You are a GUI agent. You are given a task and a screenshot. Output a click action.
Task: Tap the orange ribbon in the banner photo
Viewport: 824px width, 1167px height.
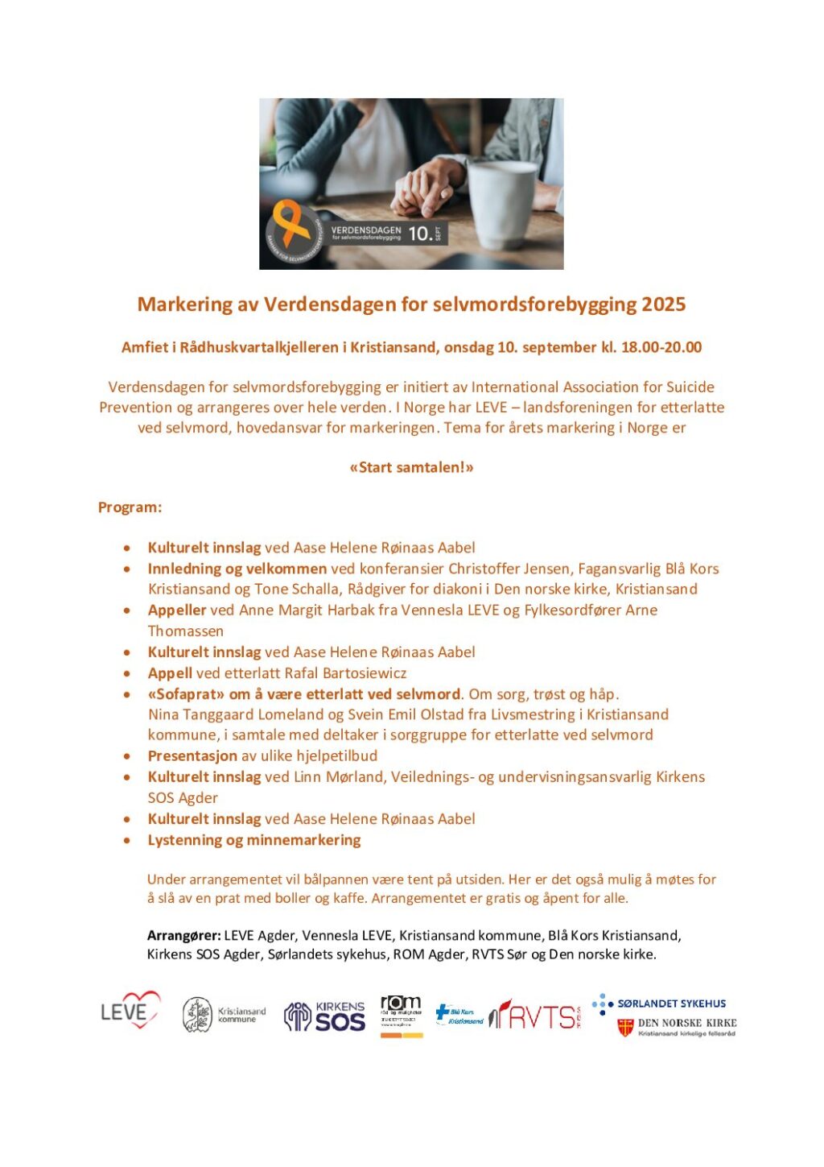pos(291,225)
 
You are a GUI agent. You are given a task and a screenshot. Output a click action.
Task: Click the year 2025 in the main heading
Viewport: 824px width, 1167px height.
pos(663,304)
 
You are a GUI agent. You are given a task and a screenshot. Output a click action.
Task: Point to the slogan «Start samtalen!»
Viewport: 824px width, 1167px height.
pos(411,467)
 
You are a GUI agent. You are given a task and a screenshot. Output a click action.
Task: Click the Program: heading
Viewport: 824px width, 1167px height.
pos(130,507)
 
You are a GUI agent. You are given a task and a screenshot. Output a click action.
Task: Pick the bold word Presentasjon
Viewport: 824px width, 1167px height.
pos(192,756)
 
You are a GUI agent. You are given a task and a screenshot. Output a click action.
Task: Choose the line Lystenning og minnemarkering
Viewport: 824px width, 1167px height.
pos(254,840)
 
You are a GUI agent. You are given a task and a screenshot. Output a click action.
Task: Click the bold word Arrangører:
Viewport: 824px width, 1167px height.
pos(183,936)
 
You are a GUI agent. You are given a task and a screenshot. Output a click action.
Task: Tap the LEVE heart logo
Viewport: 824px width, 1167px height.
pos(130,1012)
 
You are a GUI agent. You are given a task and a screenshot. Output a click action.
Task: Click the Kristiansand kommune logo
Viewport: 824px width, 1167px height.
pos(223,1015)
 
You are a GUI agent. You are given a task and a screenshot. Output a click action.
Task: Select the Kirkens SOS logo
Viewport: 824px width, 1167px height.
pos(325,1016)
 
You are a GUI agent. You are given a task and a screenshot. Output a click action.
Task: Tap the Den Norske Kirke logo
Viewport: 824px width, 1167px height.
pos(677,1027)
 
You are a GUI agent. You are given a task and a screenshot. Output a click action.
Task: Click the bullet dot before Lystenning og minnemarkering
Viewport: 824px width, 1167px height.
pos(127,841)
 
